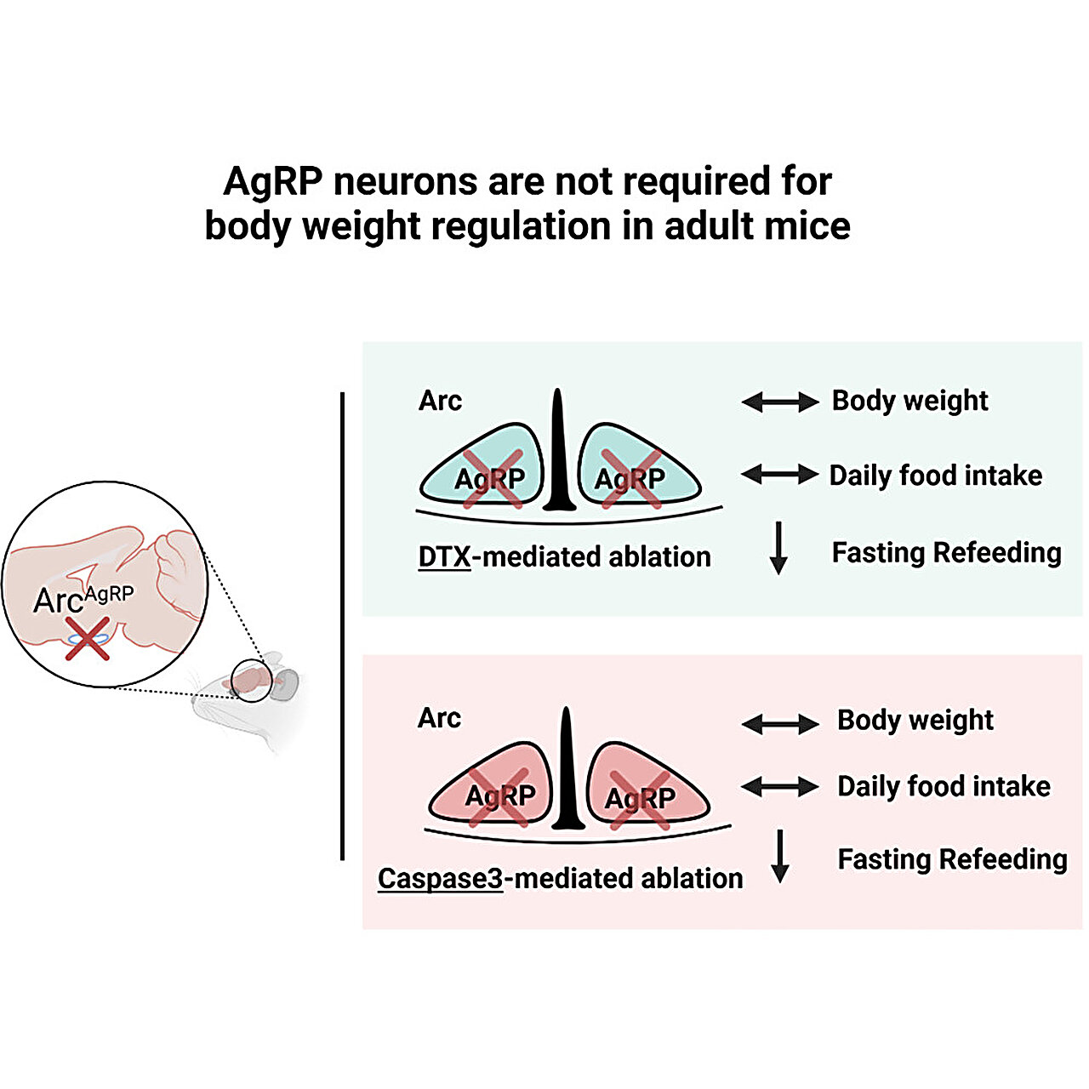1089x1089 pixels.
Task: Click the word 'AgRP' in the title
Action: click(x=272, y=182)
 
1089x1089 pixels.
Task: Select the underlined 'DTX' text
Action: click(x=444, y=556)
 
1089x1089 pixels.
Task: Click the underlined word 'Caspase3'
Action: click(x=440, y=879)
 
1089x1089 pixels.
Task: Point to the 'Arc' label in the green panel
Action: click(x=440, y=401)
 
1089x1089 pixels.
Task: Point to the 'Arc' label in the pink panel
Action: click(x=439, y=718)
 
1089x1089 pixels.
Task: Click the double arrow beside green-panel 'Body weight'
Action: click(x=780, y=402)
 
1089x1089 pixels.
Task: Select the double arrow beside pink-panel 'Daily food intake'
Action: click(x=780, y=785)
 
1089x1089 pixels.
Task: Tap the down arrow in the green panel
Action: click(x=778, y=548)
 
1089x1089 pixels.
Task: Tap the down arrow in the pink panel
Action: click(x=780, y=856)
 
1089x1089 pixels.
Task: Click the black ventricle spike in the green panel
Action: click(x=558, y=450)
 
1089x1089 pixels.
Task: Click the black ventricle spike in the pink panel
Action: click(x=567, y=768)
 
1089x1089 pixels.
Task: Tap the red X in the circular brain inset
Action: click(x=88, y=639)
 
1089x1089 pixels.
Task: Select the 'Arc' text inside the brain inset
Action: click(x=58, y=600)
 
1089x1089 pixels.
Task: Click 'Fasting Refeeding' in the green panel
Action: click(x=947, y=552)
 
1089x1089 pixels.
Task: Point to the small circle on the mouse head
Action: click(x=252, y=681)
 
